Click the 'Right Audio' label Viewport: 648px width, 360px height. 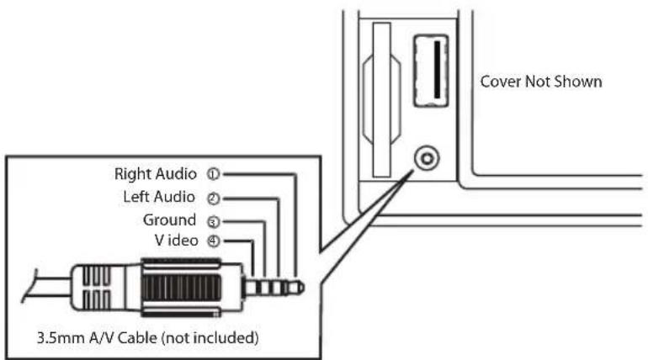coord(154,175)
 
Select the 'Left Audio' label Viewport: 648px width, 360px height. coord(159,198)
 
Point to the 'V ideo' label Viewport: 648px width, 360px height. coord(173,241)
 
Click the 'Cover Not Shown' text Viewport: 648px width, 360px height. coord(539,83)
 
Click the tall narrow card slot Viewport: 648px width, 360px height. coord(382,101)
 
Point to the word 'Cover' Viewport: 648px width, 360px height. coord(498,83)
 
